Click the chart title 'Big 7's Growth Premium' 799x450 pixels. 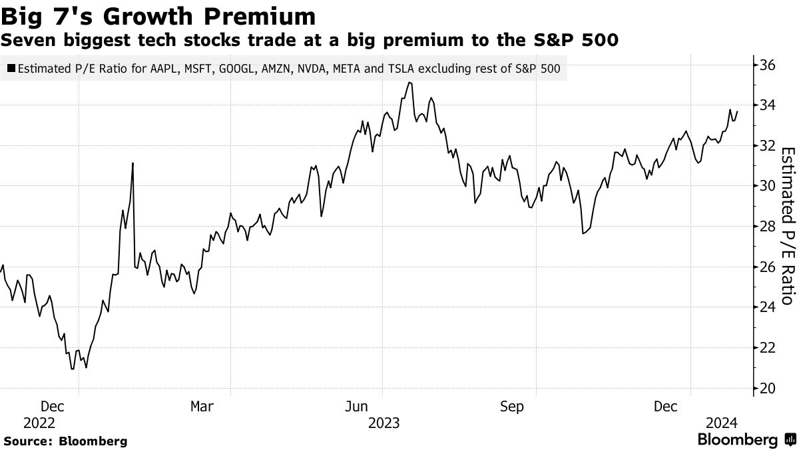tap(158, 15)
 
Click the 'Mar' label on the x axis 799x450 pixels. tap(202, 406)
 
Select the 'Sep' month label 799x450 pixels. tap(513, 406)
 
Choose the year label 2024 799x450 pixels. tap(721, 423)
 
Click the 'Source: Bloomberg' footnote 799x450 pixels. tap(65, 441)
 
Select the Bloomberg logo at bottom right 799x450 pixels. tap(746, 439)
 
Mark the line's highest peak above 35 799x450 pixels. tap(409, 83)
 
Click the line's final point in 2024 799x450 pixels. tap(737, 111)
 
